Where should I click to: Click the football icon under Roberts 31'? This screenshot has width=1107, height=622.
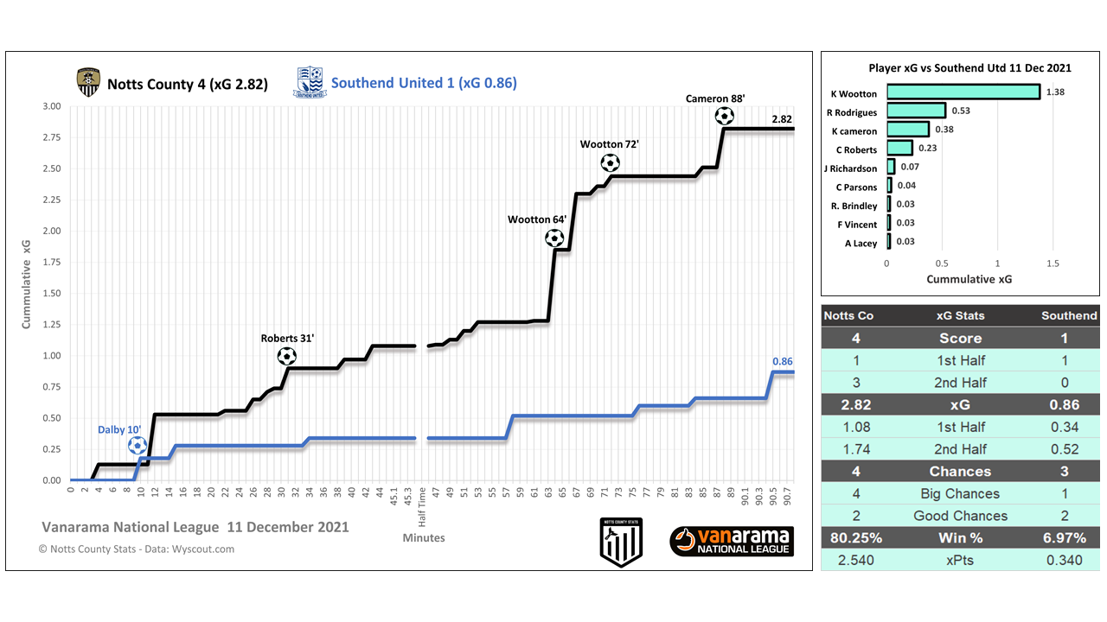286,356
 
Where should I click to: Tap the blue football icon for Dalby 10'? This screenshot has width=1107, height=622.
137,446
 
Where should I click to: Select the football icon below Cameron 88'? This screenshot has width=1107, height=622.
724,116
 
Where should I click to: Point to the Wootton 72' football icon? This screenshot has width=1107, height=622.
610,162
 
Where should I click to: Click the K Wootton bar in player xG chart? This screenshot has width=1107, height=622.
963,92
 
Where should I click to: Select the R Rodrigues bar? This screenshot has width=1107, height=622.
916,111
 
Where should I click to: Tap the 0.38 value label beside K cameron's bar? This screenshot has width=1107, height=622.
943,130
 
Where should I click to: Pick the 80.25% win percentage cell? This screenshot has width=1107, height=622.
856,538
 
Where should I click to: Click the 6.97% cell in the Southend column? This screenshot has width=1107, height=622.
1064,538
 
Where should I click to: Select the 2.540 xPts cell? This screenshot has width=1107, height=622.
856,560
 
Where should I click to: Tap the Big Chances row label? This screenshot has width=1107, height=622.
960,494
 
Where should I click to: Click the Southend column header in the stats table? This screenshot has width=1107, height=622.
1069,315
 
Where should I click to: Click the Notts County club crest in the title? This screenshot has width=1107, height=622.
86,83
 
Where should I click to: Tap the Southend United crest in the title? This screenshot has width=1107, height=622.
309,83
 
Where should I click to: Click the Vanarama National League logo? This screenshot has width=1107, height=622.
732,542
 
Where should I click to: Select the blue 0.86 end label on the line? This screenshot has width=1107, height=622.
783,361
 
